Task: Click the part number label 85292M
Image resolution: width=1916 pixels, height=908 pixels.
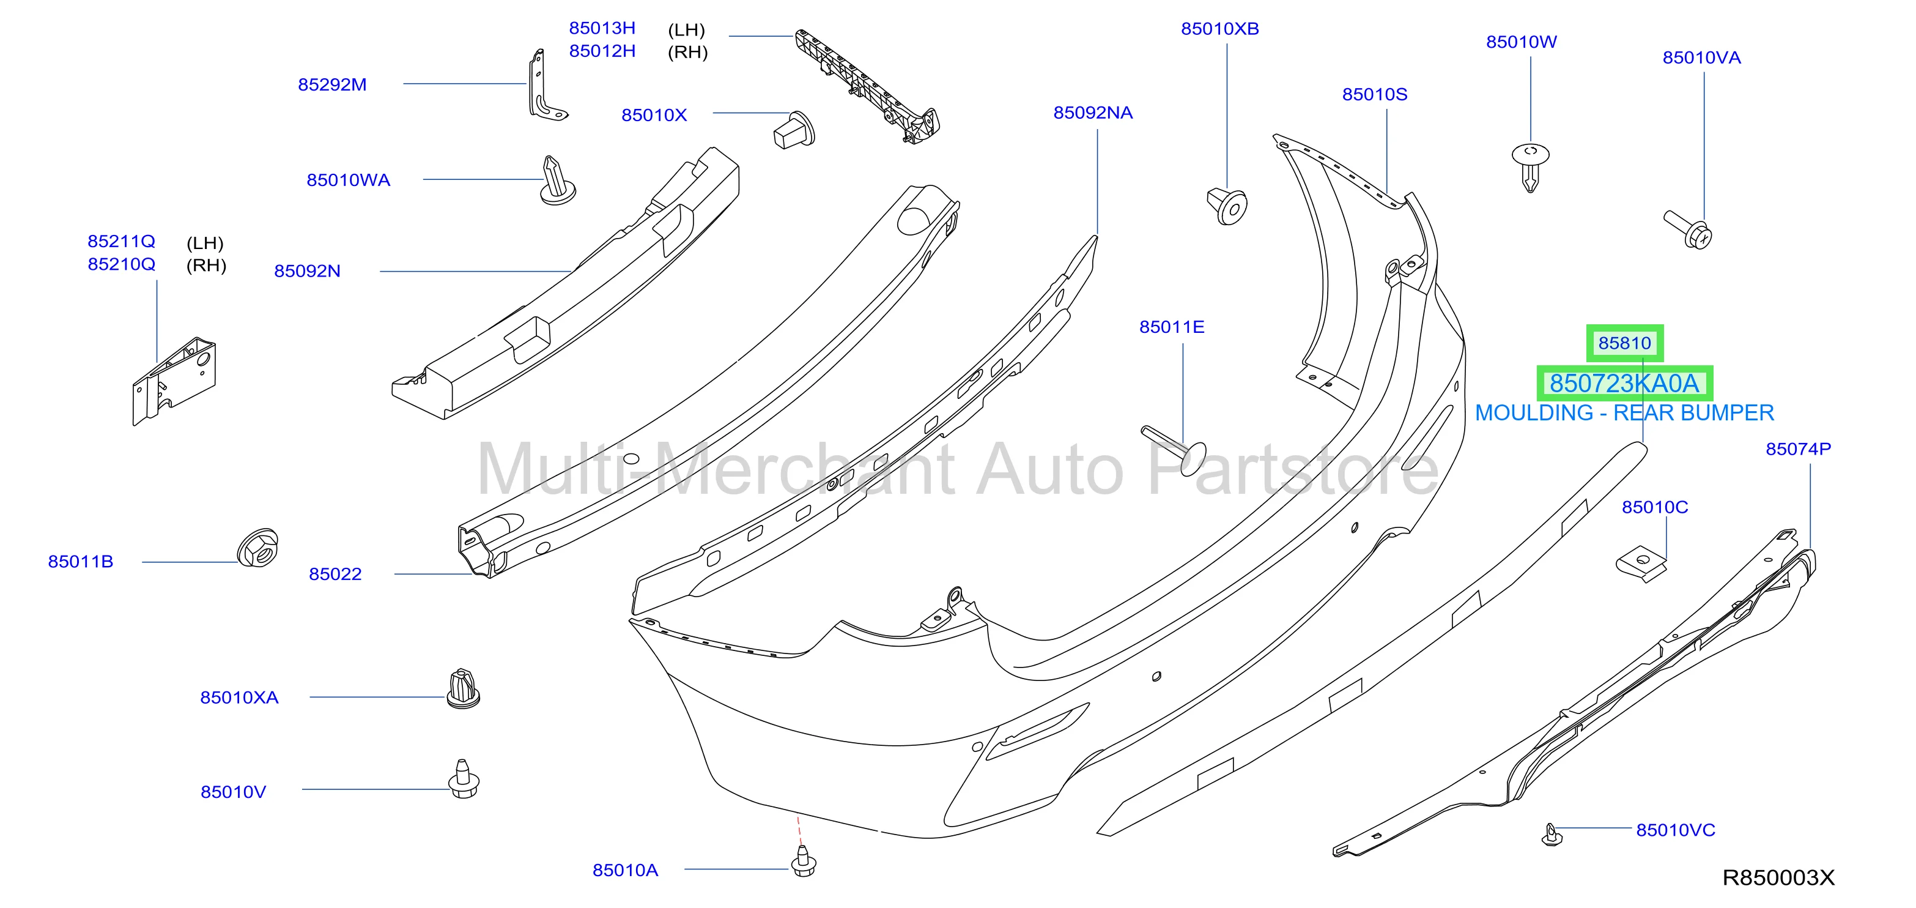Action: point(333,85)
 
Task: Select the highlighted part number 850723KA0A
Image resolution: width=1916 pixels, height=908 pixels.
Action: point(1624,383)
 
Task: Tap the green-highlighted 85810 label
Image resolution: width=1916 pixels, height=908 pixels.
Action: point(1624,343)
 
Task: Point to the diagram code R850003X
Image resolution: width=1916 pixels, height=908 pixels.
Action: point(1778,878)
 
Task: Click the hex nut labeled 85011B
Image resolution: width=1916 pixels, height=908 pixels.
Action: point(257,548)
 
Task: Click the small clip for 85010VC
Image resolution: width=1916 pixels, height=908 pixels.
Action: point(1552,835)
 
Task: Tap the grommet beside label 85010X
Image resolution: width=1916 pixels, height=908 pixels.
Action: point(794,130)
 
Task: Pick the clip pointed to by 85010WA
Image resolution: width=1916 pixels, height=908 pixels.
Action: point(557,181)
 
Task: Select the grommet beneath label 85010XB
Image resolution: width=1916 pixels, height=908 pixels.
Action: point(1227,206)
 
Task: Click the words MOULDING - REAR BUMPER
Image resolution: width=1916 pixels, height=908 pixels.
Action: point(1624,413)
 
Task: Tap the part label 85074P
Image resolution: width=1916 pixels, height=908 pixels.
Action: point(1798,448)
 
